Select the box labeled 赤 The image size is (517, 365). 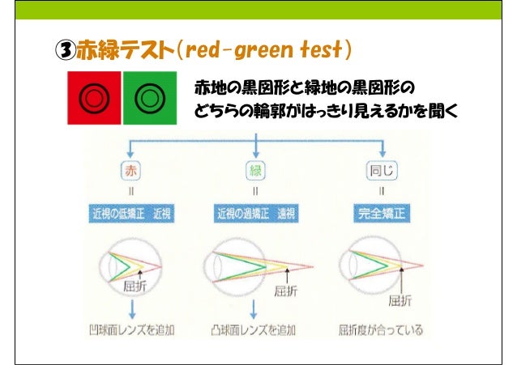(130, 172)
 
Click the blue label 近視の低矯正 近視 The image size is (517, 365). (130, 214)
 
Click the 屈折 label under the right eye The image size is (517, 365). (399, 300)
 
